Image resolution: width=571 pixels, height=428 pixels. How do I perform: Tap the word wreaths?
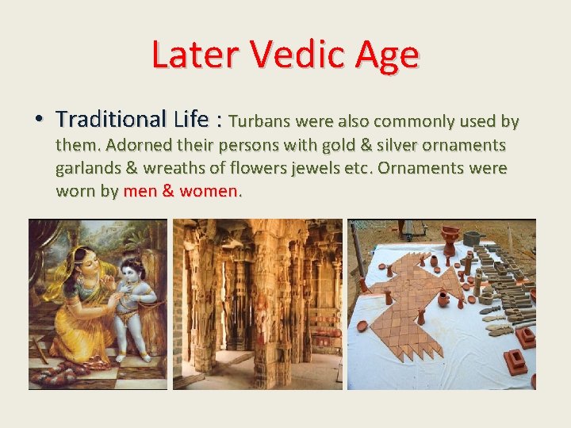162,169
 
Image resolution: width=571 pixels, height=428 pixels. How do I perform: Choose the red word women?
209,191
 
